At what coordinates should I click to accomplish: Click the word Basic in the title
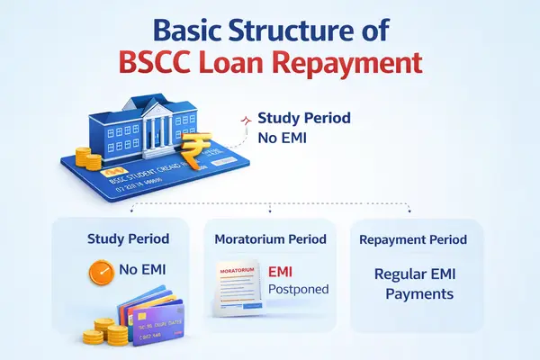[193, 29]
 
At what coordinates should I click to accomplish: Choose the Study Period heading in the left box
[127, 239]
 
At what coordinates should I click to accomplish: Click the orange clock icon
[103, 270]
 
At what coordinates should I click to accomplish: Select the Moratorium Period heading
[271, 239]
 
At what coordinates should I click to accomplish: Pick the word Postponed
[299, 289]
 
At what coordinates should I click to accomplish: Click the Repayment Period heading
[413, 239]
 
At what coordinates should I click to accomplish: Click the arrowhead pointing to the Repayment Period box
[409, 213]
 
